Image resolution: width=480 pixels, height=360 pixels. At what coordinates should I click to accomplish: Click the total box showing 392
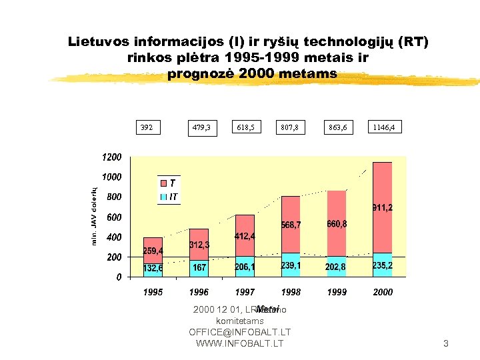(x=146, y=127)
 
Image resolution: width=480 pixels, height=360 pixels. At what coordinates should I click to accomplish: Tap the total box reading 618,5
(x=246, y=127)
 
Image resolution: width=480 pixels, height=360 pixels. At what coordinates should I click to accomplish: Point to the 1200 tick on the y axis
(x=111, y=157)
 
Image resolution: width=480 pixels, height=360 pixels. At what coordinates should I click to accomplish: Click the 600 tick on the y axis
(x=114, y=217)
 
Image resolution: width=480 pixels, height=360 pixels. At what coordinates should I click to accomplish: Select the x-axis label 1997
(x=245, y=292)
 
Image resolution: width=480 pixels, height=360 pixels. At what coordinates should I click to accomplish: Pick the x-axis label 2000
(x=383, y=292)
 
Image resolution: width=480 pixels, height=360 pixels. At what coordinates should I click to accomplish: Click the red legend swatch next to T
(x=163, y=183)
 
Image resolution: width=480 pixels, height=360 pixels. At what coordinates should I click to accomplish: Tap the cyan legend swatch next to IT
(x=163, y=197)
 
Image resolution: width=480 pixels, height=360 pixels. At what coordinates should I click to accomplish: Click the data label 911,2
(x=382, y=208)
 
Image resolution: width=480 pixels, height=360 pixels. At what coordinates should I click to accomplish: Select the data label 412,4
(x=245, y=237)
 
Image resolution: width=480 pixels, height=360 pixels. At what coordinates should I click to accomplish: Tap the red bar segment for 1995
(x=153, y=250)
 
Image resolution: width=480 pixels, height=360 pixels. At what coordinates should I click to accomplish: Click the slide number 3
(x=446, y=344)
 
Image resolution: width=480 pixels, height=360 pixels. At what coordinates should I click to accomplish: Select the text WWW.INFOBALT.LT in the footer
(x=239, y=343)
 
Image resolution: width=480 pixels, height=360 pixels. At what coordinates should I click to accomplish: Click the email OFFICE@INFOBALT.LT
(x=239, y=332)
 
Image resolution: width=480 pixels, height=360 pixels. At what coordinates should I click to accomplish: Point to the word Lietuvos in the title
(x=100, y=42)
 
